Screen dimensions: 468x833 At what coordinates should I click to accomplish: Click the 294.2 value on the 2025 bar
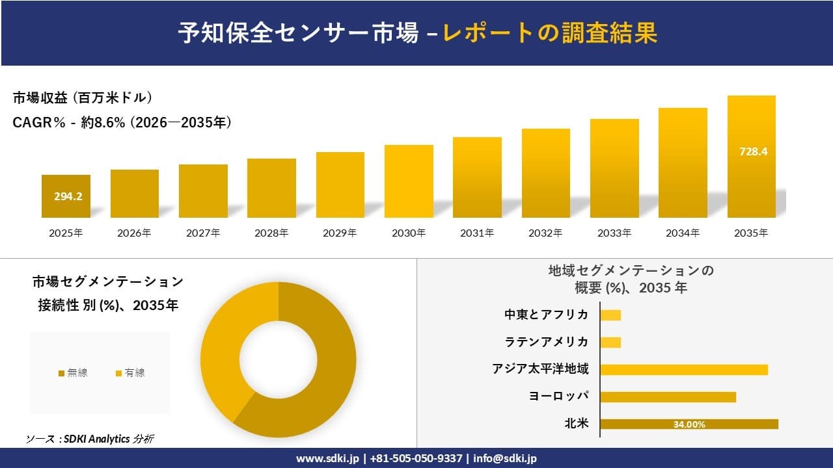click(68, 196)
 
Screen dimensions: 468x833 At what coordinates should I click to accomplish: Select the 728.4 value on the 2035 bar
click(754, 151)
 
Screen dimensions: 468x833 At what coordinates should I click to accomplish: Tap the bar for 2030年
click(409, 181)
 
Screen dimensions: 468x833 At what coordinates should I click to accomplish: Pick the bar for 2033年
click(614, 168)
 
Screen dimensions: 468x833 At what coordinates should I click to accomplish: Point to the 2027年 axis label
click(203, 233)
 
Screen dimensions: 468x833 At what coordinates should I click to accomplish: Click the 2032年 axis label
click(545, 233)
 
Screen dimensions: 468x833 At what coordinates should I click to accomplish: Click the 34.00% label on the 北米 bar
click(689, 424)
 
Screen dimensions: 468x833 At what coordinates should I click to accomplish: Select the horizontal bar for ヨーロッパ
click(668, 396)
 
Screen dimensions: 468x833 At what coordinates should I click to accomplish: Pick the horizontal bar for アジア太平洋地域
click(683, 369)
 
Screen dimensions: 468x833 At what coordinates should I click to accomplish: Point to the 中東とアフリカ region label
click(546, 315)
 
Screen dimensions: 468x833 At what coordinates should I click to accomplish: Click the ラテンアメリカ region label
click(546, 342)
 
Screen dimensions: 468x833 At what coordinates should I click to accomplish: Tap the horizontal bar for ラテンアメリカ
click(610, 342)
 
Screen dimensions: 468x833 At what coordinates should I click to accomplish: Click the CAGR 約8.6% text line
click(122, 122)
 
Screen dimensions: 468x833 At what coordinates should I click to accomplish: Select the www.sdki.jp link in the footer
click(328, 458)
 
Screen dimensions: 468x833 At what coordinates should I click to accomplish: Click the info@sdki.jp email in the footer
click(505, 458)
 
